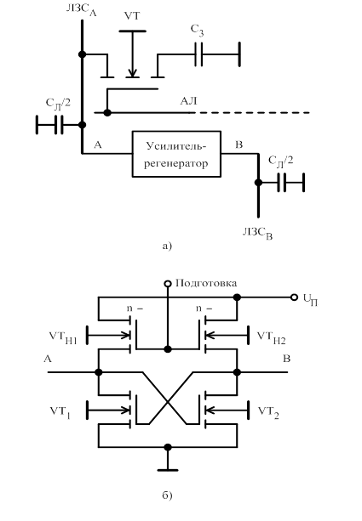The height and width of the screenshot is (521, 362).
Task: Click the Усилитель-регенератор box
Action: pyautogui.click(x=176, y=154)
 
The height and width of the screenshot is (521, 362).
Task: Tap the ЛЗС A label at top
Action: pyautogui.click(x=81, y=10)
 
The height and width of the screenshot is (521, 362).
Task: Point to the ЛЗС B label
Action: pyautogui.click(x=257, y=233)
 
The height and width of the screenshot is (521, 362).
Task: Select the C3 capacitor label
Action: pyautogui.click(x=197, y=31)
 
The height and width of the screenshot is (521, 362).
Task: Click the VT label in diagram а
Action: pyautogui.click(x=132, y=16)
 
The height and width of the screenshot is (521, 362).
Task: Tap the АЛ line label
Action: pyautogui.click(x=188, y=100)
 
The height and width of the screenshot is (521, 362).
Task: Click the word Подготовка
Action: pyautogui.click(x=206, y=283)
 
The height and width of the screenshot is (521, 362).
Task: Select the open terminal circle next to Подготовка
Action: pyautogui.click(x=168, y=283)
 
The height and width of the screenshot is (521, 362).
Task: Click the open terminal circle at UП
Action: pyautogui.click(x=294, y=297)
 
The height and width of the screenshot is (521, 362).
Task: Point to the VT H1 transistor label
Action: pyautogui.click(x=63, y=337)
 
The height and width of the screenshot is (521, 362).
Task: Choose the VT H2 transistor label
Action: pyautogui.click(x=272, y=337)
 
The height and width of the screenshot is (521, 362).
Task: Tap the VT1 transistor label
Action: pyautogui.click(x=60, y=412)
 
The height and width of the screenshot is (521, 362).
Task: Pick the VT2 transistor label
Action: pyautogui.click(x=268, y=412)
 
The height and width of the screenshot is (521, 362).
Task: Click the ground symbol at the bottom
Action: pyautogui.click(x=168, y=470)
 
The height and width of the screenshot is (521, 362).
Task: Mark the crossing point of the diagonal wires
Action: pyautogui.click(x=168, y=402)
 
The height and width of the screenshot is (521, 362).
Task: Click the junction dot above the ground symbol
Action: pyautogui.click(x=168, y=447)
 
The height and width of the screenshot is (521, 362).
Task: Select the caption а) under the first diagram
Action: pyautogui.click(x=167, y=246)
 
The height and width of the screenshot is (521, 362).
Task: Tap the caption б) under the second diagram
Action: pyautogui.click(x=167, y=496)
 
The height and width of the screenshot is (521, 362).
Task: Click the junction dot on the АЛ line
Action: pyautogui.click(x=107, y=113)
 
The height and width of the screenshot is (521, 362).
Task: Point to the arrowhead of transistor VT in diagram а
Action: pyautogui.click(x=133, y=73)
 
